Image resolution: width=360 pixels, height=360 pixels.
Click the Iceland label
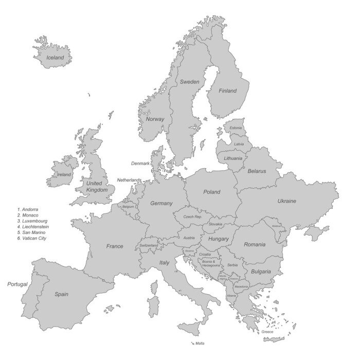[56, 58]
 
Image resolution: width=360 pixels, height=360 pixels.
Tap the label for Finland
[228, 91]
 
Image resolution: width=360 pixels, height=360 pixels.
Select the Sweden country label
[189, 82]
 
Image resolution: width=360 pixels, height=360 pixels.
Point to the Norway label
[155, 119]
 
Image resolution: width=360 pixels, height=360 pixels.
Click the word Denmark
[140, 164]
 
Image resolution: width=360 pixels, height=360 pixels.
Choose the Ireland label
[64, 174]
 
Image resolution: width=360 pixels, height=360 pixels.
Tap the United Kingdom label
[97, 187]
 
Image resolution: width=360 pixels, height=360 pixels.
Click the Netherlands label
[129, 180]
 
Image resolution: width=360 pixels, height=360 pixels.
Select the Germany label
[161, 203]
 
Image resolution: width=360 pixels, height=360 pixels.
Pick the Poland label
[211, 192]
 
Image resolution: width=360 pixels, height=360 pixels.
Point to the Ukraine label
[286, 201]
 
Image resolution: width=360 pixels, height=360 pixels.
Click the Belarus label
[257, 171]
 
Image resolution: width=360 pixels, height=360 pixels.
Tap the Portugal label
[17, 284]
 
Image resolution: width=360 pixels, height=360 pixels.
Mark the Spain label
[62, 294]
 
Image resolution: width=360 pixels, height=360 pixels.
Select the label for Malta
[200, 343]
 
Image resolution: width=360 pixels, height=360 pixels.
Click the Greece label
[267, 332]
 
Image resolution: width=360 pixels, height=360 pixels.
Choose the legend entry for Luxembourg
[33, 221]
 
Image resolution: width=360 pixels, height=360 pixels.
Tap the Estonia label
[236, 128]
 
